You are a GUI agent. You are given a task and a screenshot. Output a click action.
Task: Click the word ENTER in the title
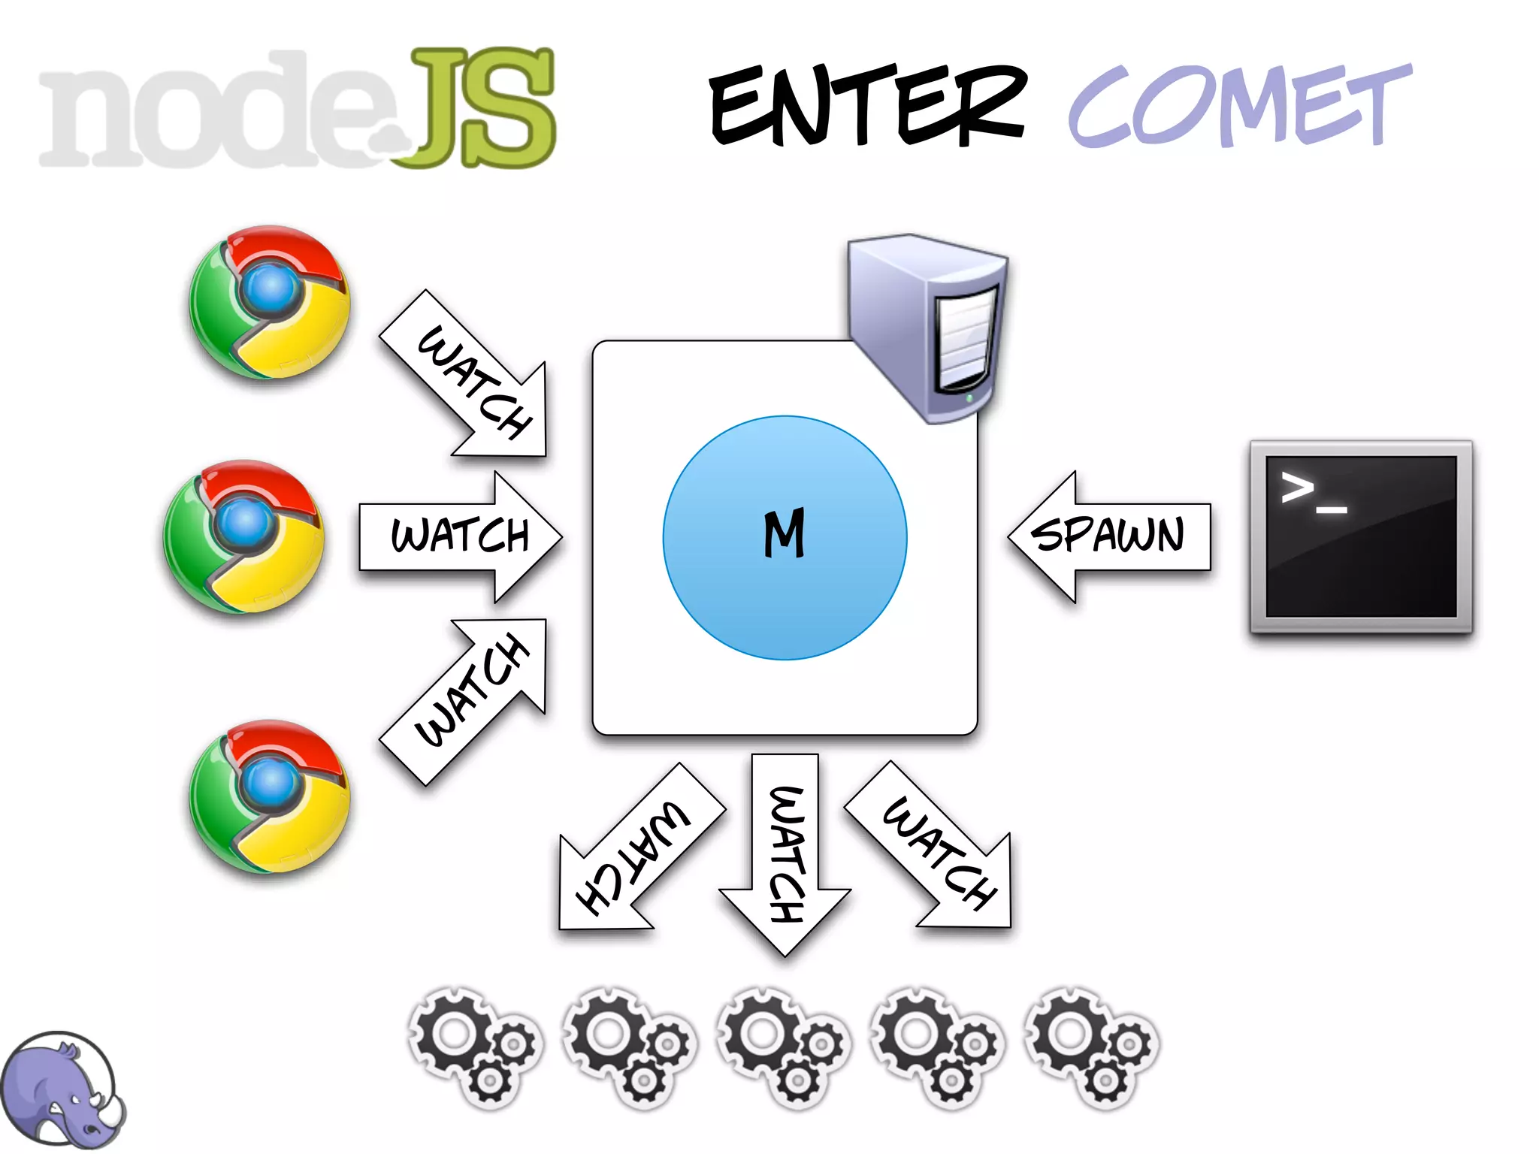point(868,105)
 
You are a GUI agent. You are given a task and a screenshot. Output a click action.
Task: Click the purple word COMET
point(1240,105)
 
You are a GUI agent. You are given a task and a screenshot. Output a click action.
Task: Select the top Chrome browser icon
point(269,302)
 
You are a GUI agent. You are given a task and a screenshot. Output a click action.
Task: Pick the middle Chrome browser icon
point(243,536)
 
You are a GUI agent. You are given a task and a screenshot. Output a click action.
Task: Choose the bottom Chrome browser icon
point(269,796)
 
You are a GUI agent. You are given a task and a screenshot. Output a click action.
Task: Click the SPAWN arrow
point(1109,536)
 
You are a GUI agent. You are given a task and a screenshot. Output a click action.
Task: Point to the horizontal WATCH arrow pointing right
point(460,536)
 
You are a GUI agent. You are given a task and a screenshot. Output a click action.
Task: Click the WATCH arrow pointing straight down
point(785,853)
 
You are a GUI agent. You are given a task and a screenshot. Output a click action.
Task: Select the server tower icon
point(929,328)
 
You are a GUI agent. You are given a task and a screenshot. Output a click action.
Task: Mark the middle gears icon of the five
point(783,1047)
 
